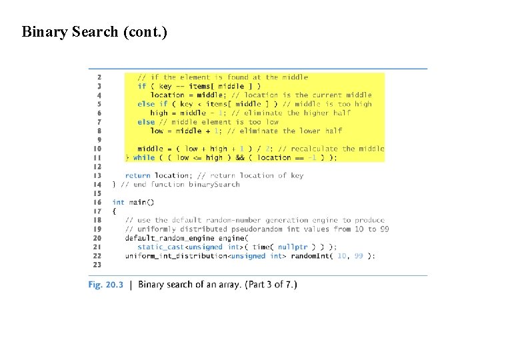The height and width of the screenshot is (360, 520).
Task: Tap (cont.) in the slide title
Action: tap(145, 31)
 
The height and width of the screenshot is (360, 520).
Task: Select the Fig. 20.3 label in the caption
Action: tap(106, 285)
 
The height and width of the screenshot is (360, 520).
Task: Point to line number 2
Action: tap(99, 77)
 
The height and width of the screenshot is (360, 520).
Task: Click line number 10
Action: tap(98, 149)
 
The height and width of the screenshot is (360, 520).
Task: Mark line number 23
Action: tap(98, 265)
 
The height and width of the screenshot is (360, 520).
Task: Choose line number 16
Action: tap(98, 202)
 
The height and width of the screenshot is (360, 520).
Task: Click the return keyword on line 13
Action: tap(137, 175)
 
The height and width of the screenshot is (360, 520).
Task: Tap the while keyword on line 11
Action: tap(143, 158)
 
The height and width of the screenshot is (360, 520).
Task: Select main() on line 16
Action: tap(141, 202)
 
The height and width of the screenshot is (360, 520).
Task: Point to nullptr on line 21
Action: tap(293, 247)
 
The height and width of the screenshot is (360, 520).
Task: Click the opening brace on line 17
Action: tap(114, 211)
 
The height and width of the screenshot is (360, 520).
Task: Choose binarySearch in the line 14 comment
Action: tap(213, 185)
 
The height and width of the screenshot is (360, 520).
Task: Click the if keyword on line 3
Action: tap(141, 86)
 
